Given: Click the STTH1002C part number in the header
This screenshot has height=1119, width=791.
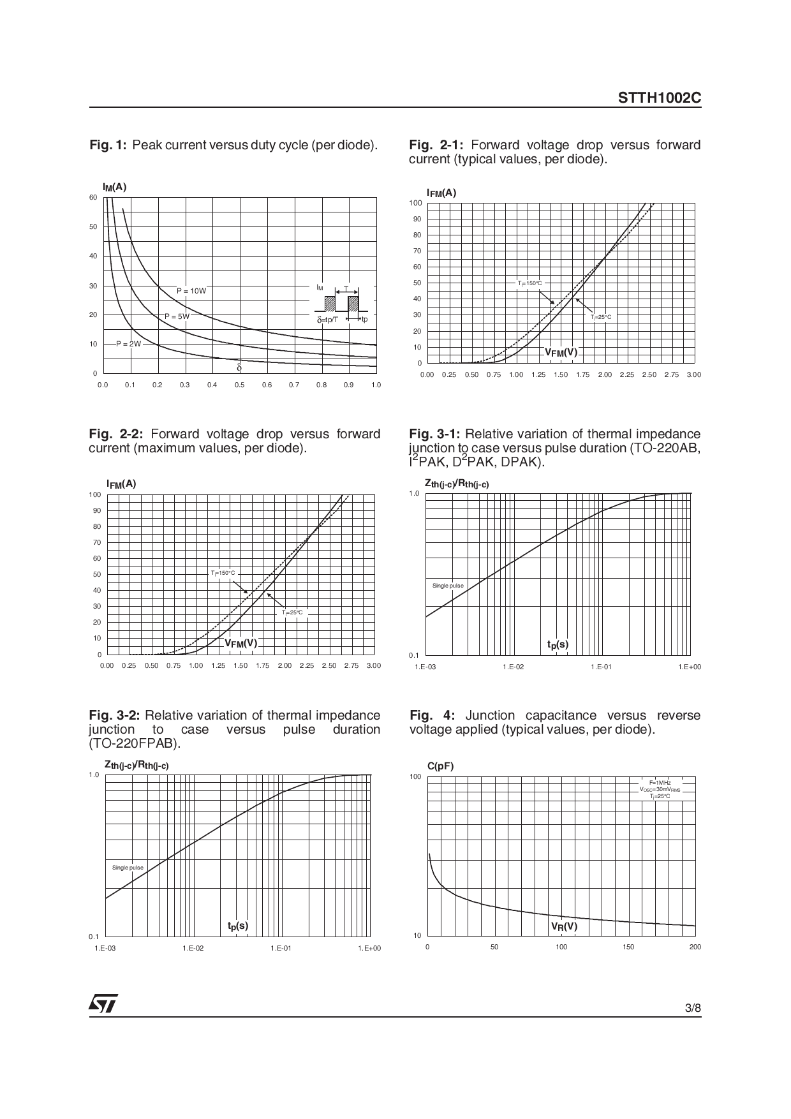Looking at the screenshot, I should tap(659, 99).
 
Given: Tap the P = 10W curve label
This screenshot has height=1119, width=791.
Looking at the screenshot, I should tap(191, 291).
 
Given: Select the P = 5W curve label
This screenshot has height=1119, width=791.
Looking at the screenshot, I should tap(177, 316).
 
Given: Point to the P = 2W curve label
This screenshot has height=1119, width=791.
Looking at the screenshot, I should tap(128, 344).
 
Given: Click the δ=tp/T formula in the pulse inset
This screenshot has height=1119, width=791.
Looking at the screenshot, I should tap(327, 319).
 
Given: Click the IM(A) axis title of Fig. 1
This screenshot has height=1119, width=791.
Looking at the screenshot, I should tap(115, 187).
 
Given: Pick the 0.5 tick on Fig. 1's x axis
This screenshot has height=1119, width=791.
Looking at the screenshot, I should tap(239, 385).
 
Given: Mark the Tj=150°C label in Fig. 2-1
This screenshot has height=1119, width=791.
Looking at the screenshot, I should tap(529, 283).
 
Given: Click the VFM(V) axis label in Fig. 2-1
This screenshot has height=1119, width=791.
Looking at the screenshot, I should tap(561, 352).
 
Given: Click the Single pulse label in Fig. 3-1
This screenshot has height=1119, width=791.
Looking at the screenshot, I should tap(448, 586).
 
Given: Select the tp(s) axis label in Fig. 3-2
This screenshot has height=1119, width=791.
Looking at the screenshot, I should tap(238, 926).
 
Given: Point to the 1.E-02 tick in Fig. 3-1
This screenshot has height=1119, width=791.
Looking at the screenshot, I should tap(513, 667).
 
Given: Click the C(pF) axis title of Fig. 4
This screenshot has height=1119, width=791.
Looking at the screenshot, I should tap(440, 766).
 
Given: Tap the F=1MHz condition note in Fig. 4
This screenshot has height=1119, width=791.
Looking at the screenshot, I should tap(660, 782).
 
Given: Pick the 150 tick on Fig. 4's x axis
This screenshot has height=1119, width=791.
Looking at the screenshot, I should tap(628, 947).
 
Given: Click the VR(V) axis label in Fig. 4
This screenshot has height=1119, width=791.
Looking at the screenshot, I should tap(565, 926).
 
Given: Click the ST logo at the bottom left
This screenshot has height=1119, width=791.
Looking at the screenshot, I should tap(103, 1004).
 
